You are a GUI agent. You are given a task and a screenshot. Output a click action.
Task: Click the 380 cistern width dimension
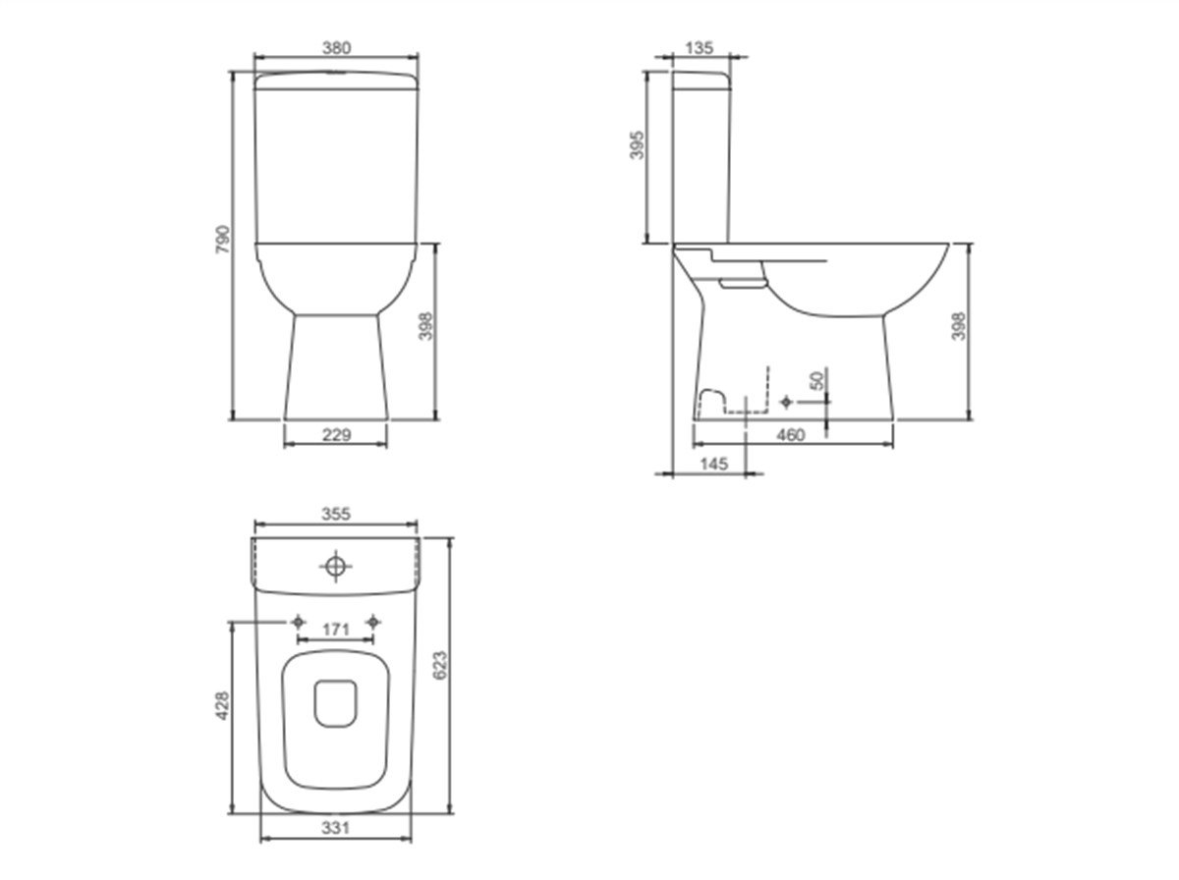pyautogui.click(x=336, y=48)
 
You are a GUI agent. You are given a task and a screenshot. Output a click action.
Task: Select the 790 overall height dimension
pyautogui.click(x=222, y=240)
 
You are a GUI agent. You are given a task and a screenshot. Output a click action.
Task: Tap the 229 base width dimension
pyautogui.click(x=336, y=434)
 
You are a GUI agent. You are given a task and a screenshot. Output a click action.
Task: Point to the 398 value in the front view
pyautogui.click(x=425, y=326)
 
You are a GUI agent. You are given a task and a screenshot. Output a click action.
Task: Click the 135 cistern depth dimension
pyautogui.click(x=700, y=48)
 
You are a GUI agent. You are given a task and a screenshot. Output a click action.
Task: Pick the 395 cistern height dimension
pyautogui.click(x=637, y=145)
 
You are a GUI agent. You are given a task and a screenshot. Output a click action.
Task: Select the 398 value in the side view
pyautogui.click(x=958, y=326)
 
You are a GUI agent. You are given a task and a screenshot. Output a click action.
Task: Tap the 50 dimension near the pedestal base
pyautogui.click(x=816, y=381)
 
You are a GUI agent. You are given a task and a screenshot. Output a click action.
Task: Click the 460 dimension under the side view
pyautogui.click(x=791, y=435)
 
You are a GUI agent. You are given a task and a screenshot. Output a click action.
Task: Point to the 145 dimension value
pyautogui.click(x=714, y=464)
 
